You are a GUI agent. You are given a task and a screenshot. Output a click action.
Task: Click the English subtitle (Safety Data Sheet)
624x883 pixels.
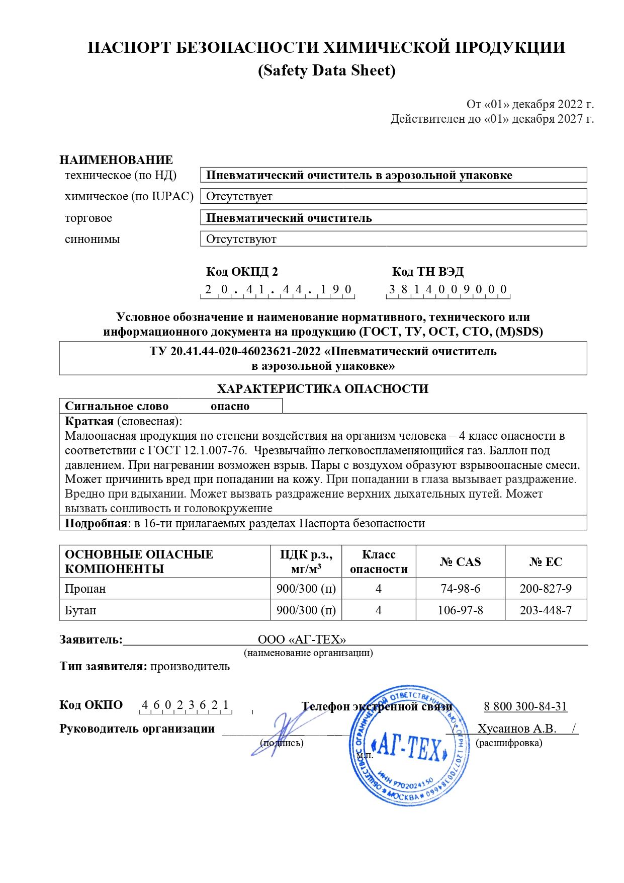pyautogui.click(x=326, y=70)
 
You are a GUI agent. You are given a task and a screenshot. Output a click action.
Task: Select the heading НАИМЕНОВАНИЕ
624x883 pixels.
pyautogui.click(x=116, y=160)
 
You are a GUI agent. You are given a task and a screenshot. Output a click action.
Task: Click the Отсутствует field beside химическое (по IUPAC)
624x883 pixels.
pyautogui.click(x=239, y=196)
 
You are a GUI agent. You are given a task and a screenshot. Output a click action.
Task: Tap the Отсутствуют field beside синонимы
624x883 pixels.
pyautogui.click(x=241, y=239)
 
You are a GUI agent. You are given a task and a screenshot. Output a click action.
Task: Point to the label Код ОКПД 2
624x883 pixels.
pyautogui.click(x=242, y=272)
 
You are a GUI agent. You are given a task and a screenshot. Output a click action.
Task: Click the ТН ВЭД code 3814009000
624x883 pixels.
pyautogui.click(x=448, y=289)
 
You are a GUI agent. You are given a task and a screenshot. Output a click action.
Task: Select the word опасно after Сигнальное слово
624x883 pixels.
pyautogui.click(x=230, y=406)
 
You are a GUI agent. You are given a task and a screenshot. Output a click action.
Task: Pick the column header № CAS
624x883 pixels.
pyautogui.click(x=460, y=561)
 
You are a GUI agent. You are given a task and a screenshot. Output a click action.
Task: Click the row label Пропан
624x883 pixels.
pyautogui.click(x=85, y=589)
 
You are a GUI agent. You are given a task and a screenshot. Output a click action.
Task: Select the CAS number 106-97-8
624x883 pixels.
pyautogui.click(x=460, y=610)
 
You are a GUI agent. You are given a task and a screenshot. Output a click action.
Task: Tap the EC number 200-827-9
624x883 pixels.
pyautogui.click(x=546, y=589)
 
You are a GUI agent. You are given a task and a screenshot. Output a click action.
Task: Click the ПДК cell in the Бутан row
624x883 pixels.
pyautogui.click(x=306, y=610)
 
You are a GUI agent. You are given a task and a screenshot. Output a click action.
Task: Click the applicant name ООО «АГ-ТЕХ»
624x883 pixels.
pyautogui.click(x=302, y=639)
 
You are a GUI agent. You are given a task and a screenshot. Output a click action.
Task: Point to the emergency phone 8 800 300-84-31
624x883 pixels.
pyautogui.click(x=525, y=706)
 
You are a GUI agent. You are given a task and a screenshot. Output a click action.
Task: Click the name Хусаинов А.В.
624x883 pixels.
pyautogui.click(x=516, y=729)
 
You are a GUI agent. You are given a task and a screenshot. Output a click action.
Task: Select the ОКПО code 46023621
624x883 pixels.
pyautogui.click(x=185, y=705)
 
